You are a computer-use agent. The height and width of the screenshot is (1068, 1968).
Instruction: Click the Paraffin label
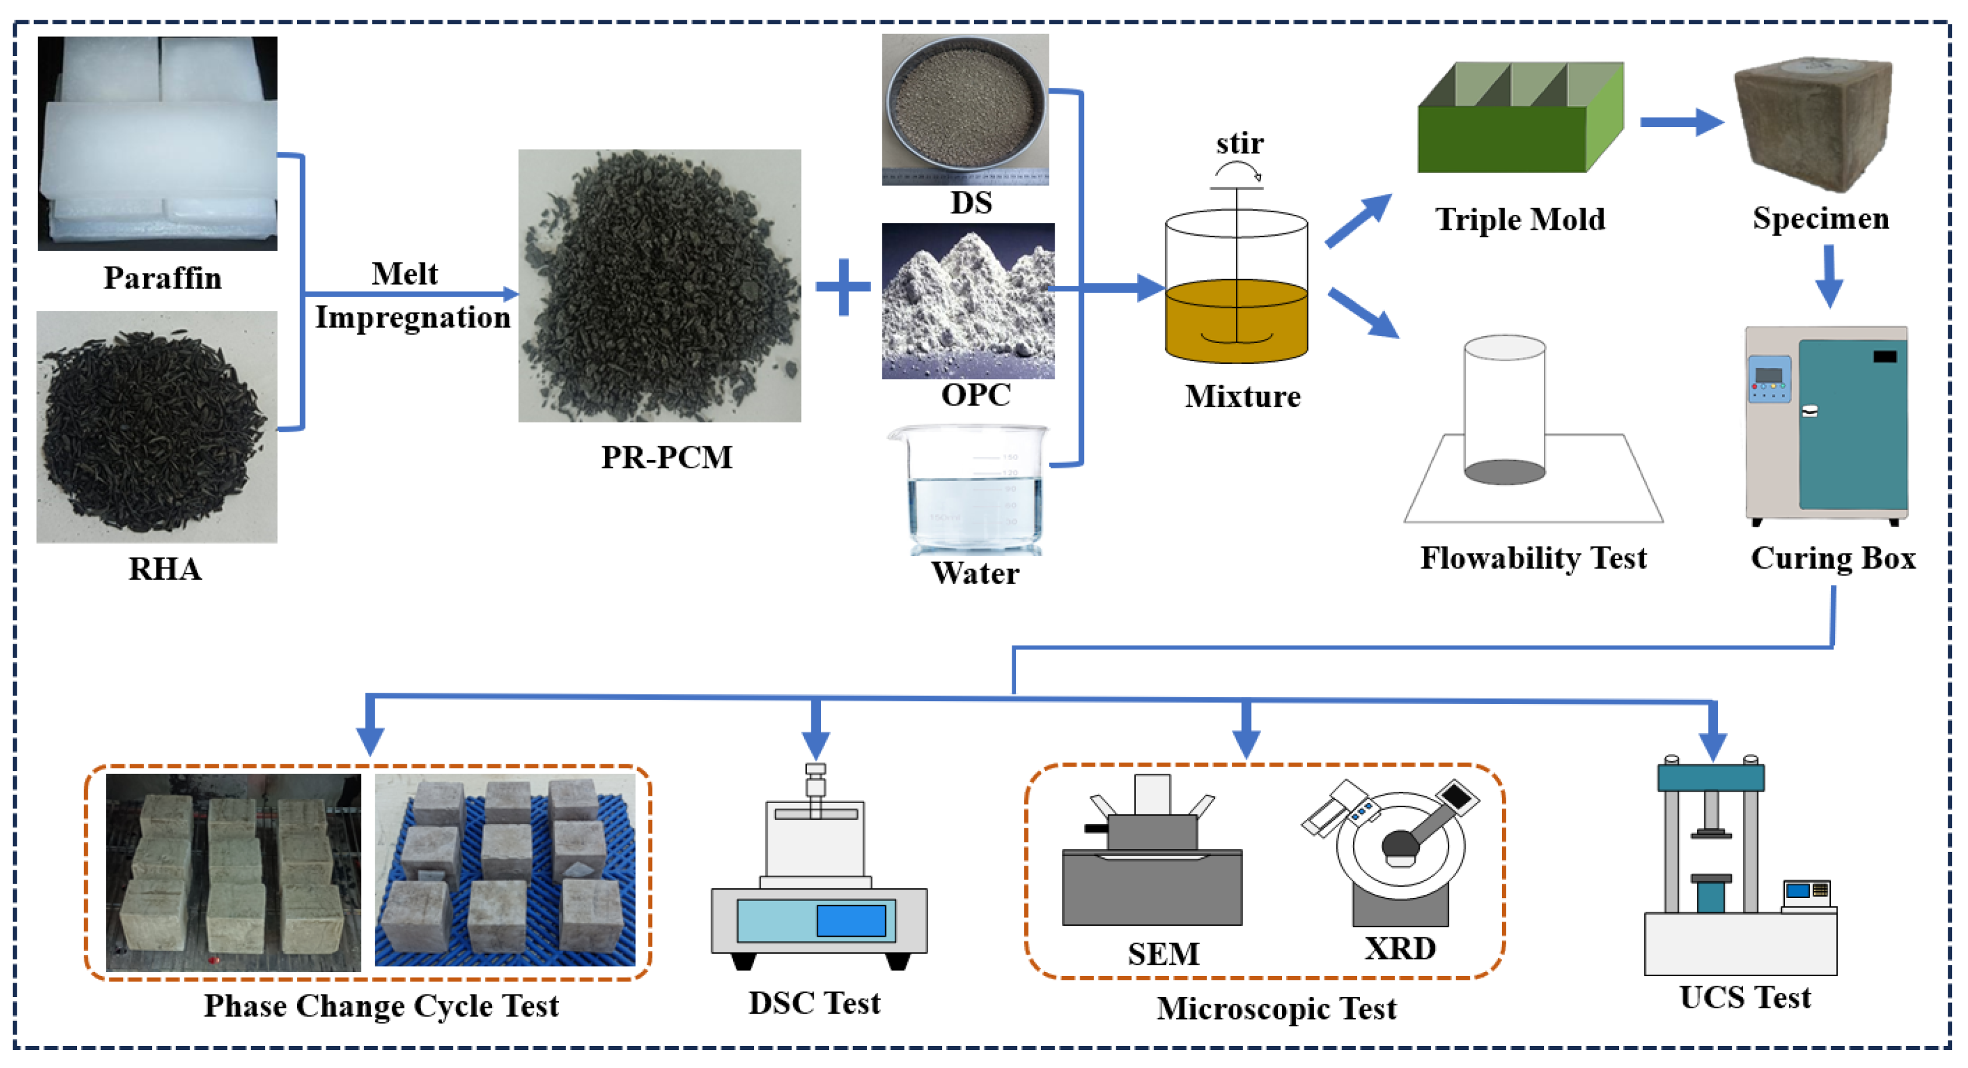(x=163, y=278)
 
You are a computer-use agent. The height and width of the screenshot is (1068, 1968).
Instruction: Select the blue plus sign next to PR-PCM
(x=843, y=287)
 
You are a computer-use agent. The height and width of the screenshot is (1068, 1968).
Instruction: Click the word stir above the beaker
(x=1239, y=144)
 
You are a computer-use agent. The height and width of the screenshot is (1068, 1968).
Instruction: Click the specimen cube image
(x=1812, y=122)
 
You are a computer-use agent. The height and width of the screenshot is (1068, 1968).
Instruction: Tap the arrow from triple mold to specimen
(x=1680, y=122)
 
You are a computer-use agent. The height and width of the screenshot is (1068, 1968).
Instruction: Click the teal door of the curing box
(x=1852, y=425)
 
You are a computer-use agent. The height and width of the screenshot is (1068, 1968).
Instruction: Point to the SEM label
(x=1163, y=953)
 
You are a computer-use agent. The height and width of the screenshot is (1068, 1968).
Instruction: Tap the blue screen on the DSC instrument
(x=850, y=921)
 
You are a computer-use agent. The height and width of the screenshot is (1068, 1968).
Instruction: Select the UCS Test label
(x=1744, y=998)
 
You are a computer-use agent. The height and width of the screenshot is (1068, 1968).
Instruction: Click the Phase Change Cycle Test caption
(x=381, y=1005)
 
